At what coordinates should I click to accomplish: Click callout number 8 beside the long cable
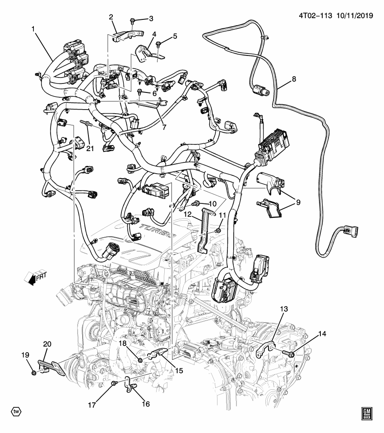294,79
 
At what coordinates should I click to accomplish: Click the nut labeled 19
34,372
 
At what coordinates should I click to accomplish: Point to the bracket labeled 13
267,350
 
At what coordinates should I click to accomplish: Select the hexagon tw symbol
16,411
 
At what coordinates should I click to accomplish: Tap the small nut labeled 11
218,230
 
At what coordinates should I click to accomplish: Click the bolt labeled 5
159,44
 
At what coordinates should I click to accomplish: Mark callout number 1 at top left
33,29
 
